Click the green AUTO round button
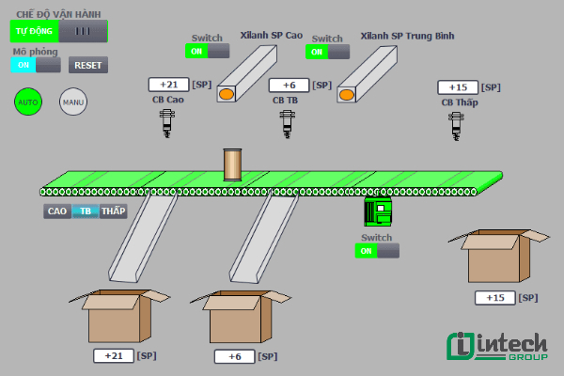pos(28,101)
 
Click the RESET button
pos(88,65)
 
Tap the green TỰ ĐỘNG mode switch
pos(58,31)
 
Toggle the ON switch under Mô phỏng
pos(36,65)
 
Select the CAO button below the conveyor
pos(57,211)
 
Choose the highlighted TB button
pos(86,211)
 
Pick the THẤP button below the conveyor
pos(114,211)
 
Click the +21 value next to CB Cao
pos(169,85)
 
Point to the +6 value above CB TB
pos(289,86)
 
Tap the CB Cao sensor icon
pos(168,122)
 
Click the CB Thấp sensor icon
pos(458,124)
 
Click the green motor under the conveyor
pos(377,211)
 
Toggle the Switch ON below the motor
pos(377,251)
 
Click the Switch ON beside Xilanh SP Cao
pos(208,51)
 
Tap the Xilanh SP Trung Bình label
pos(407,36)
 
